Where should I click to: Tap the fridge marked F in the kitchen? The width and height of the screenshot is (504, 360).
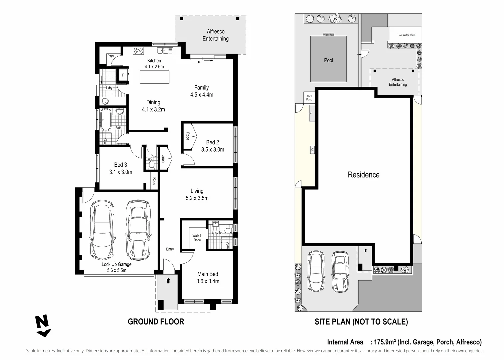(x=123, y=75)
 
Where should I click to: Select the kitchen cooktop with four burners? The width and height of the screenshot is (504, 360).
(x=138, y=51)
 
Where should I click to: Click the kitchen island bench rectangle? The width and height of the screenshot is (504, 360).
(x=154, y=77)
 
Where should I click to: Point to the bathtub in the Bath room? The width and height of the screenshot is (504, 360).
(x=106, y=120)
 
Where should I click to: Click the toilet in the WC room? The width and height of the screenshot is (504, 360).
(x=152, y=165)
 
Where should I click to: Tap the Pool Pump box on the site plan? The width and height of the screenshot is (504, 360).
(x=309, y=98)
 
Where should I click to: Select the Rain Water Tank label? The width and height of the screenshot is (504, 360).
(x=406, y=35)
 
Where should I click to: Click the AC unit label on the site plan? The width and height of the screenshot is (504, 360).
(x=312, y=150)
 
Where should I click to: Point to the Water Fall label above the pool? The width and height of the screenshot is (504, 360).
(x=328, y=35)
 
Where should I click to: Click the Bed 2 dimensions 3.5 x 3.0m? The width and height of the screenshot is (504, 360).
(x=213, y=149)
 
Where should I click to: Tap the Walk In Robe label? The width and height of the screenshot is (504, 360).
(x=197, y=238)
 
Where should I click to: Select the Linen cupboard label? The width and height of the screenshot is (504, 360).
(x=163, y=158)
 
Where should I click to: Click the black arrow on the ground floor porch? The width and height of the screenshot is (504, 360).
(x=168, y=281)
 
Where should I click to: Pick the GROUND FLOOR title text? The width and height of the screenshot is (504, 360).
(x=156, y=322)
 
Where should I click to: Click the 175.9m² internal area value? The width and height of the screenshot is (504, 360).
(x=385, y=342)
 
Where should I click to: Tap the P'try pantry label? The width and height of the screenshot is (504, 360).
(x=111, y=56)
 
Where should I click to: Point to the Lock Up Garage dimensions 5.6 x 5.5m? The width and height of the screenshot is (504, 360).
(x=117, y=270)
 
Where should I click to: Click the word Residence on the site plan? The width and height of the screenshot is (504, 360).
(x=364, y=175)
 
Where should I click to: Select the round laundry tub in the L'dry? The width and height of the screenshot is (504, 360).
(x=105, y=101)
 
